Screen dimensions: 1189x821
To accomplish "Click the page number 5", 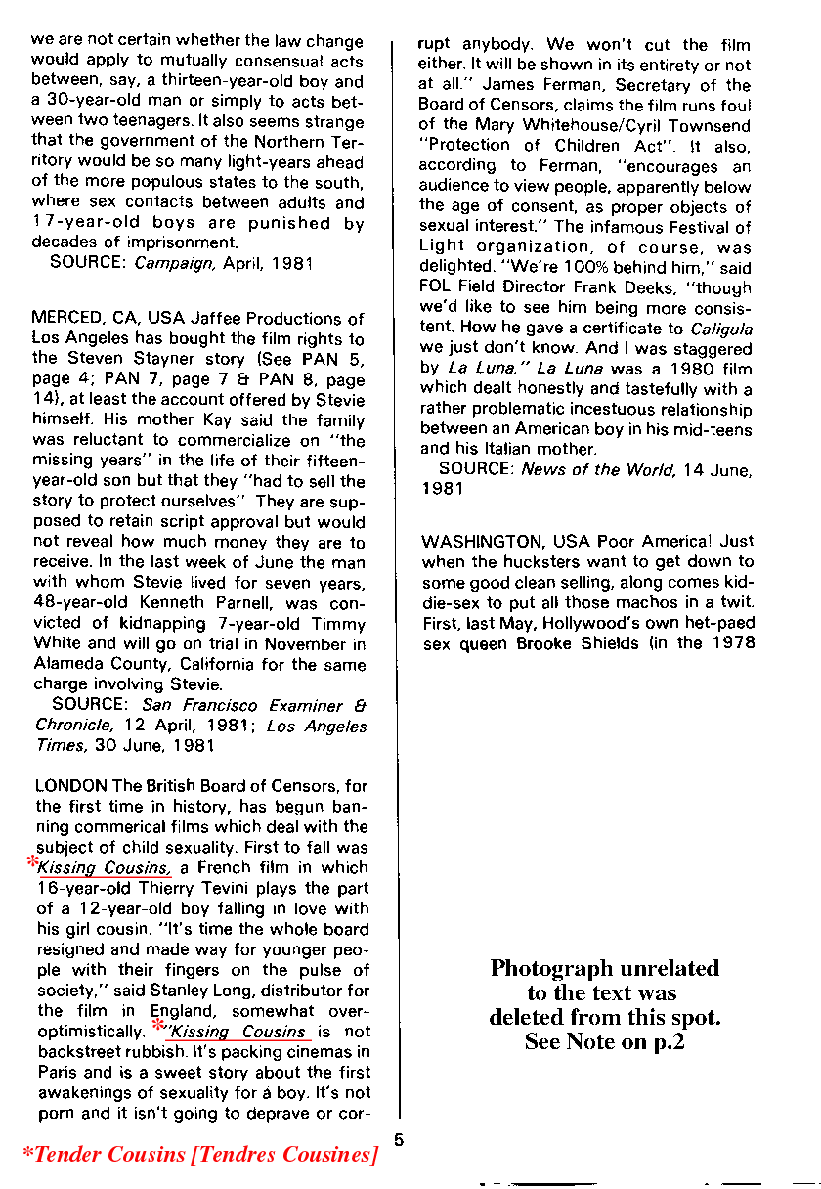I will [399, 1138].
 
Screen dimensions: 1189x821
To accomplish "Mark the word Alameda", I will [66, 664].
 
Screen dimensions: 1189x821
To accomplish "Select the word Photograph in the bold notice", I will [549, 969].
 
